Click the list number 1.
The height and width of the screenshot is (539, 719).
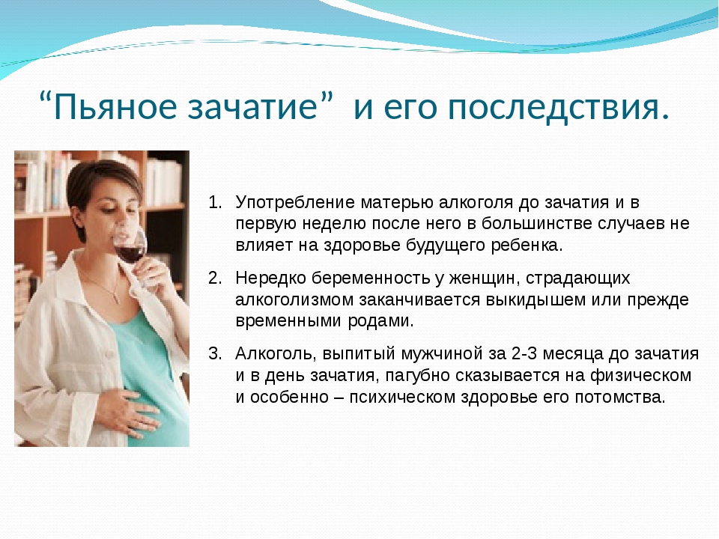215,202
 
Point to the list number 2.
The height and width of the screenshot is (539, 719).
215,278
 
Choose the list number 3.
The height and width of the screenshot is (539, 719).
215,354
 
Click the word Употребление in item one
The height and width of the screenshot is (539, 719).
295,203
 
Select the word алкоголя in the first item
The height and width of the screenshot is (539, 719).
476,203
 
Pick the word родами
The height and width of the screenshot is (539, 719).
380,321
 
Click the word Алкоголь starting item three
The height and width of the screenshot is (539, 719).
276,354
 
